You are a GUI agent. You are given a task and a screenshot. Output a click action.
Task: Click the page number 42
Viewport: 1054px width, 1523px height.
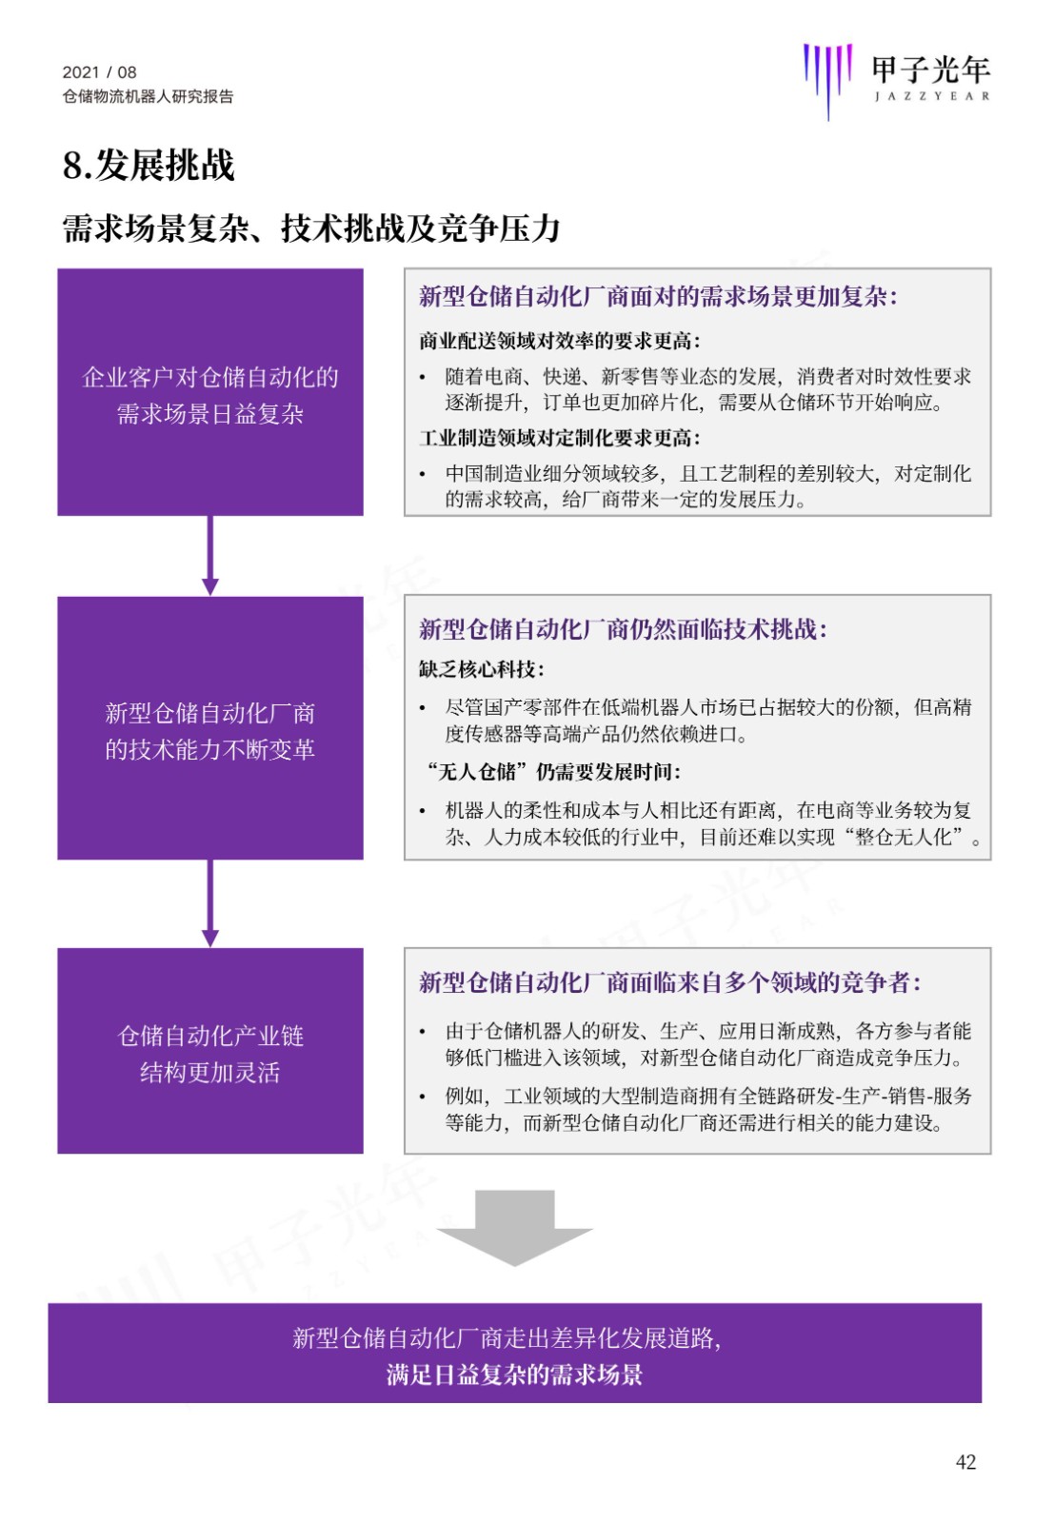tap(965, 1461)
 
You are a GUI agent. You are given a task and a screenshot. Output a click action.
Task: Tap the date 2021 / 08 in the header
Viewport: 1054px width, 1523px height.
tap(99, 72)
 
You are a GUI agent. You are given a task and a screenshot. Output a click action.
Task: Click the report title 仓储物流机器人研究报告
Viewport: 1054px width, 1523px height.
tap(148, 96)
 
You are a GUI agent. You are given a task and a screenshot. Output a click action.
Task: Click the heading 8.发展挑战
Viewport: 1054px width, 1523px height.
tap(149, 166)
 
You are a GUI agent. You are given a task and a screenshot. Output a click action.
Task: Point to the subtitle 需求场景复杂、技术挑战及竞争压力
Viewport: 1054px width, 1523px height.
tap(311, 227)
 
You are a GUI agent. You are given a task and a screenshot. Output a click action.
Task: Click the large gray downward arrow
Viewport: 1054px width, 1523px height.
tap(514, 1227)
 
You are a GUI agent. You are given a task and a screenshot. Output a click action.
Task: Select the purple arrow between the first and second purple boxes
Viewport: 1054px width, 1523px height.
tap(210, 556)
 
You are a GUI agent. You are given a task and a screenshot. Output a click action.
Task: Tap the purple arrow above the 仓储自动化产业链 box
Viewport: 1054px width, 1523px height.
tap(210, 903)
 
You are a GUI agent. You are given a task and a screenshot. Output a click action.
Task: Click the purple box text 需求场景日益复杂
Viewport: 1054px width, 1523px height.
tap(210, 414)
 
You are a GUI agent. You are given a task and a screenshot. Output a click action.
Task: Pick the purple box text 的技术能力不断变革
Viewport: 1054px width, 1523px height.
tap(210, 749)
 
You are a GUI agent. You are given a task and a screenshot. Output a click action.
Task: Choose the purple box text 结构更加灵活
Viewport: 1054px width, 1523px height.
tap(210, 1072)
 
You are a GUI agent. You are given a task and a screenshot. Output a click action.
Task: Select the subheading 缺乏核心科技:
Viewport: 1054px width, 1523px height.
tap(482, 670)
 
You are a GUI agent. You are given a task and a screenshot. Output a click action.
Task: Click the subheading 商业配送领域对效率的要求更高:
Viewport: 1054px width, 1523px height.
tap(560, 341)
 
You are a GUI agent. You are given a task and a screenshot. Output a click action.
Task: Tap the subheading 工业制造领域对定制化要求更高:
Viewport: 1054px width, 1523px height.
tap(560, 438)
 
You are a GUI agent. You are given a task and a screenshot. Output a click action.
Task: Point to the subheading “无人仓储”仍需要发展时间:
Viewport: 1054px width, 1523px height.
tap(552, 772)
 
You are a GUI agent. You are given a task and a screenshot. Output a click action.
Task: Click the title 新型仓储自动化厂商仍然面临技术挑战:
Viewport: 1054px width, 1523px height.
tap(623, 629)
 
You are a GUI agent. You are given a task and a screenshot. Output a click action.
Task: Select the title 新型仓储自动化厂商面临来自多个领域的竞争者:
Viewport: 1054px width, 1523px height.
tap(669, 982)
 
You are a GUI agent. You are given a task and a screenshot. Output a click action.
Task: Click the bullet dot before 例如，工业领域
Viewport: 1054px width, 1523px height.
tap(423, 1097)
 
